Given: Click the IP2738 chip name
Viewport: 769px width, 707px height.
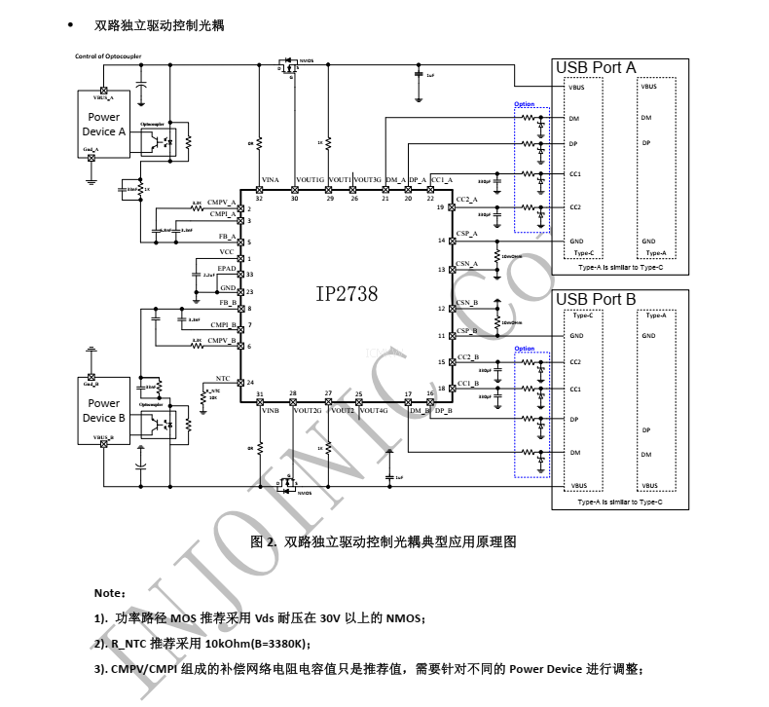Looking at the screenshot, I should tap(347, 293).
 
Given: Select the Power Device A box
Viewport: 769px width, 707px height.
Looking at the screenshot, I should tap(104, 124).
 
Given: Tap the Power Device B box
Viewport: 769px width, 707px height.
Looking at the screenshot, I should tap(104, 409).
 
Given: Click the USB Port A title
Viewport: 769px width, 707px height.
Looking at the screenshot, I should tap(595, 67).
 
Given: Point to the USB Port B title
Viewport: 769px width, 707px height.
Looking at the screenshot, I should tap(595, 299).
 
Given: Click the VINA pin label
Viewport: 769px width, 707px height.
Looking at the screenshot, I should tap(270, 180).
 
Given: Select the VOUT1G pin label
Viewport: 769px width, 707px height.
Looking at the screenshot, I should tap(310, 180).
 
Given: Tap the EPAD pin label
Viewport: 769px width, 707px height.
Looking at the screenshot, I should tap(227, 267).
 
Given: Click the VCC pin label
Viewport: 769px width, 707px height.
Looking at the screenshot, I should tap(227, 251).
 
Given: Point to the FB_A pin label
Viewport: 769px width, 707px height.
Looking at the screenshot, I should tap(227, 236).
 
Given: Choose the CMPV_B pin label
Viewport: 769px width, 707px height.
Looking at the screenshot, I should tap(223, 340).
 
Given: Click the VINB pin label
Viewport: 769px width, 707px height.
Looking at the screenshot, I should tap(270, 412).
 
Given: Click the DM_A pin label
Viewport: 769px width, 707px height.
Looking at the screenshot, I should tap(395, 180).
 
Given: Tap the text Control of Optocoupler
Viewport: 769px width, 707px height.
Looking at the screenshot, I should tap(108, 56).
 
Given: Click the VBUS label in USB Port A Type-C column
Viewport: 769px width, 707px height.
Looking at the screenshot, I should tap(576, 87).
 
